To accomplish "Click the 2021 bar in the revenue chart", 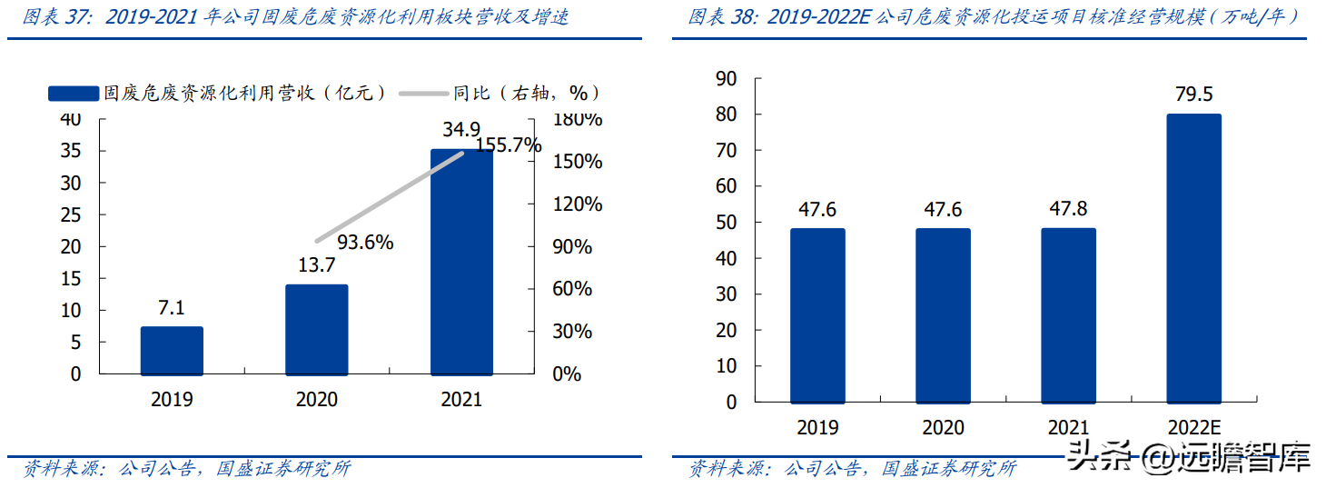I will click(x=461, y=264).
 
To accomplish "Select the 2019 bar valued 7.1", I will click(x=172, y=351).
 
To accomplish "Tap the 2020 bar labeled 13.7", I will click(x=316, y=330).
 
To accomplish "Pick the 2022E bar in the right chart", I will click(x=1193, y=258).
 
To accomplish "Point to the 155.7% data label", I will click(x=504, y=145).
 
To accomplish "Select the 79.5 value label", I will click(x=1192, y=95).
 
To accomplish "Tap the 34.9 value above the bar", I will click(x=461, y=129).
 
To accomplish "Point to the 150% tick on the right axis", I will click(x=579, y=162).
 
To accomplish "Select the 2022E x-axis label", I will click(x=1192, y=427).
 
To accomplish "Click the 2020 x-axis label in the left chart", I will click(x=316, y=400).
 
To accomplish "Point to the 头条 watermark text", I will click(x=1096, y=455).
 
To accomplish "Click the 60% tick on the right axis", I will click(x=572, y=289).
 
